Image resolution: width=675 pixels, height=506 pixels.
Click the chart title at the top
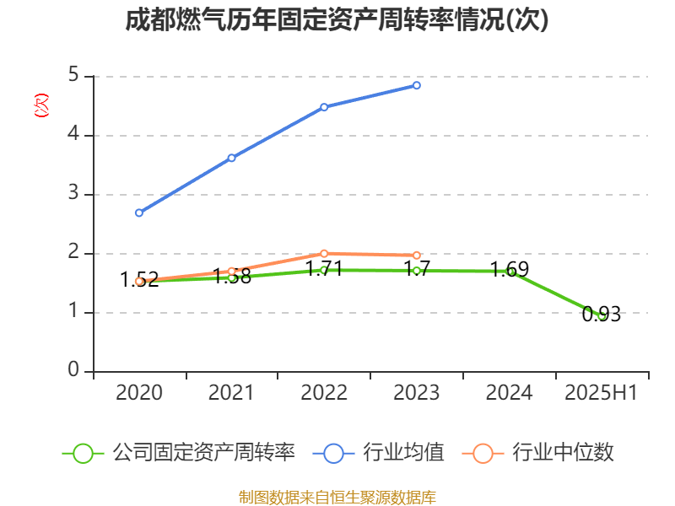pyautogui.click(x=337, y=20)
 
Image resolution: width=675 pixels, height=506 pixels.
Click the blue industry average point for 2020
pyautogui.click(x=139, y=213)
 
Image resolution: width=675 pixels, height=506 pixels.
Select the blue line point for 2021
pyautogui.click(x=231, y=158)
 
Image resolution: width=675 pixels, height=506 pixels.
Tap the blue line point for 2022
pyautogui.click(x=324, y=107)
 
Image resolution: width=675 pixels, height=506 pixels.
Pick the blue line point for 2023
pyautogui.click(x=417, y=85)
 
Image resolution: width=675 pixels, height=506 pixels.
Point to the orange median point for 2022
pyautogui.click(x=324, y=253)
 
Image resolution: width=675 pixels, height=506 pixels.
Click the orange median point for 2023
pyautogui.click(x=417, y=255)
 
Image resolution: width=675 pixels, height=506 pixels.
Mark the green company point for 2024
pyautogui.click(x=510, y=272)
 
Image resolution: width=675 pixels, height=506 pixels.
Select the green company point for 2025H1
pyautogui.click(x=602, y=316)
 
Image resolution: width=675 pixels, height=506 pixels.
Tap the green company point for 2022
pyautogui.click(x=324, y=271)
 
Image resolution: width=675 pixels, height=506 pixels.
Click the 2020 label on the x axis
pyautogui.click(x=139, y=393)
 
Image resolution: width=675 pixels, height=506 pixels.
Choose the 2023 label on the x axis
pyautogui.click(x=417, y=393)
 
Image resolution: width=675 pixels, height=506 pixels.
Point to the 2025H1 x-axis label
pyautogui.click(x=602, y=393)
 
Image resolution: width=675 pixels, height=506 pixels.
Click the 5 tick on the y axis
pyautogui.click(x=73, y=76)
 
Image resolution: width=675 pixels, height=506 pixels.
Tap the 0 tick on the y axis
pyautogui.click(x=73, y=371)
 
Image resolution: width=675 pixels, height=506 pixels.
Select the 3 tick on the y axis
pyautogui.click(x=73, y=194)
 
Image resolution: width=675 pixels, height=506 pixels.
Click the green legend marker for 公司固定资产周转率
pyautogui.click(x=83, y=453)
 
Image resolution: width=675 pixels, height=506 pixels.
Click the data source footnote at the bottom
pyautogui.click(x=337, y=497)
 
